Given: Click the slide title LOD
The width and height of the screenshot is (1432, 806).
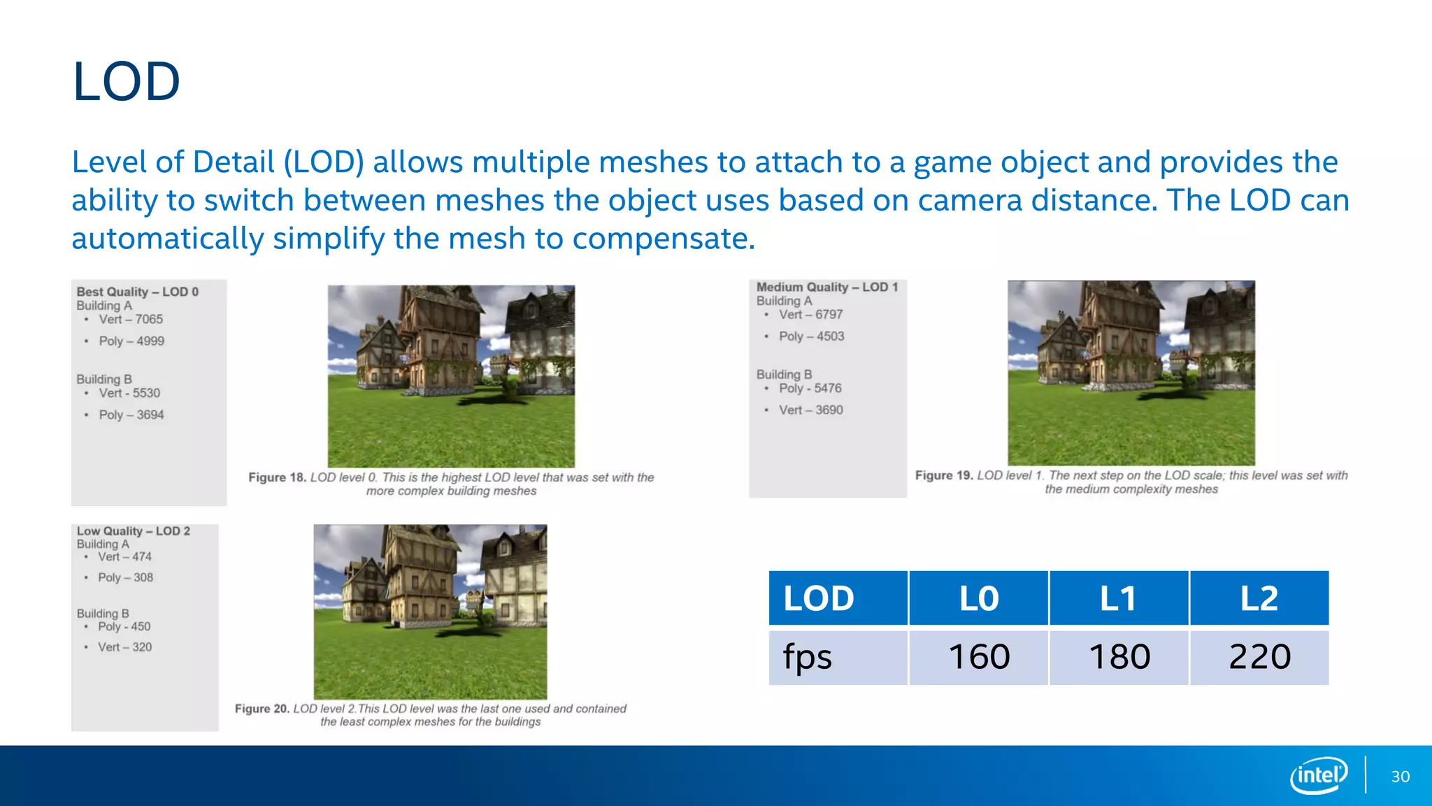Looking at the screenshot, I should [127, 82].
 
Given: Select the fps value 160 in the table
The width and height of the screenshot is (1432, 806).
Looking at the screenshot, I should [979, 657].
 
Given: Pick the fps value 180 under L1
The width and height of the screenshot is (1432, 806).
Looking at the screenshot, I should [1119, 657].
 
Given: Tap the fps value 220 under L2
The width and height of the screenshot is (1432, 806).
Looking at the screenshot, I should [1260, 657].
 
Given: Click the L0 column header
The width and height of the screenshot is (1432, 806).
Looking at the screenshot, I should [979, 599].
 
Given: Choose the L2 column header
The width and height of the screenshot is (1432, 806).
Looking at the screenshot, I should [1259, 599].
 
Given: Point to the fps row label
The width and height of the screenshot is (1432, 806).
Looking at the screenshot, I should [808, 657].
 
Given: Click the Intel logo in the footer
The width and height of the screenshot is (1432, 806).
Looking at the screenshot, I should [1319, 775].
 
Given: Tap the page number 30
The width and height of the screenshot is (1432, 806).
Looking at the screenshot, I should [1400, 777].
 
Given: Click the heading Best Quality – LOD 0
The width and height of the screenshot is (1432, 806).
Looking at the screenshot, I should [138, 292].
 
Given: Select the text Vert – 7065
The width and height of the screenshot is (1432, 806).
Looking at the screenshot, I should [131, 320].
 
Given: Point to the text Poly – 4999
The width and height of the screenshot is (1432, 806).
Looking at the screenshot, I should [131, 341].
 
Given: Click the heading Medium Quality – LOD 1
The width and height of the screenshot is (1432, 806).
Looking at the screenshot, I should [827, 287].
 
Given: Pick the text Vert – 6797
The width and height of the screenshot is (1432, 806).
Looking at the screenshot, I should [811, 315].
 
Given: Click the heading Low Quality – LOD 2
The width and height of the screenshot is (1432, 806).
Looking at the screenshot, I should [134, 531].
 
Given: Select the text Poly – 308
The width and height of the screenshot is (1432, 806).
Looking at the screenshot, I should [125, 577].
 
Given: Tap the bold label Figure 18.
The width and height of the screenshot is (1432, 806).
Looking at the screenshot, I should [277, 477].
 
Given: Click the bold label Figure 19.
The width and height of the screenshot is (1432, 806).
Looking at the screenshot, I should [944, 475].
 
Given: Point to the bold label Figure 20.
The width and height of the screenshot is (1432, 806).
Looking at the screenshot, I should [262, 709].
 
